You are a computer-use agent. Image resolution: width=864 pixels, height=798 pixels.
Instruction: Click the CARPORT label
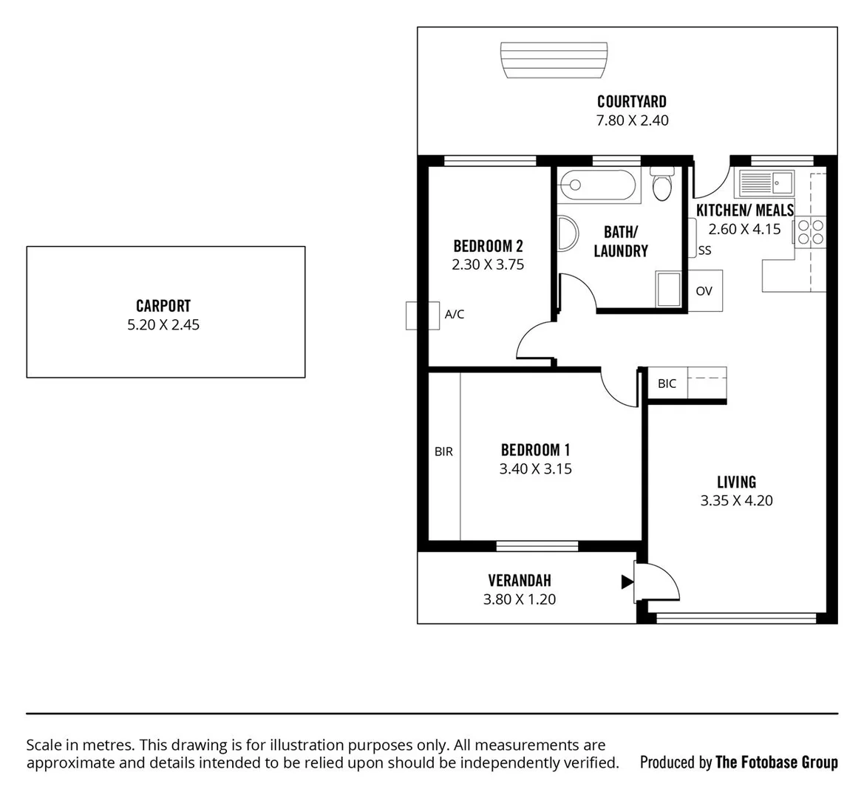point(163,306)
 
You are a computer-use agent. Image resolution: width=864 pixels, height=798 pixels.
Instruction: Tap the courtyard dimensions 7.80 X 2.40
point(632,120)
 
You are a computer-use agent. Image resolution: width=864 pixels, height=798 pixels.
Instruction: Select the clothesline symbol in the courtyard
point(554,60)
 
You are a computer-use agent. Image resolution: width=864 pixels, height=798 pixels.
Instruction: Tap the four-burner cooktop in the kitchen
point(811,232)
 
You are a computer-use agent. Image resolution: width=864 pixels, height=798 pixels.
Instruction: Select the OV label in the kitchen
point(704,291)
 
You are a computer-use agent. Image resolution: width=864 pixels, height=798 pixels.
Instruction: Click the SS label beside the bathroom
point(704,250)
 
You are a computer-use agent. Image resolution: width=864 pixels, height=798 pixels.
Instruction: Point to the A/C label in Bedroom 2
point(455,315)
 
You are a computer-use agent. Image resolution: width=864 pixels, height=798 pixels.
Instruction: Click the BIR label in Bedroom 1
point(443,451)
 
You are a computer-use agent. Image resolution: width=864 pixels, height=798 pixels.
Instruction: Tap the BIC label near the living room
point(667,383)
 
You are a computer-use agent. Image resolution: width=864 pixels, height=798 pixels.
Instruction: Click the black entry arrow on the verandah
point(627,582)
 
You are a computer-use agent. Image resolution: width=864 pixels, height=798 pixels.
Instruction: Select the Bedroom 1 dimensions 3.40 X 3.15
point(535,469)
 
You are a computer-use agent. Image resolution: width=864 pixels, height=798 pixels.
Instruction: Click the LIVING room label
point(736,482)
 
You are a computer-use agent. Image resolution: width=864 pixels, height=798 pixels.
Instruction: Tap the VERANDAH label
point(519,582)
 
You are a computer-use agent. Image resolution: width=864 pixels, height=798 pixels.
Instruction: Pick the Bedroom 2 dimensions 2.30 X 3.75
point(488,265)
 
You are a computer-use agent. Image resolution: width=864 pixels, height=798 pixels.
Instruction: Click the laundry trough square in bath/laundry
point(668,288)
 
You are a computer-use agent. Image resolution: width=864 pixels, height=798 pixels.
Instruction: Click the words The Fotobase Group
point(776,763)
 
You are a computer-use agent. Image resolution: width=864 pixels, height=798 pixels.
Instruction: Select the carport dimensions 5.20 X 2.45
point(163,324)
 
